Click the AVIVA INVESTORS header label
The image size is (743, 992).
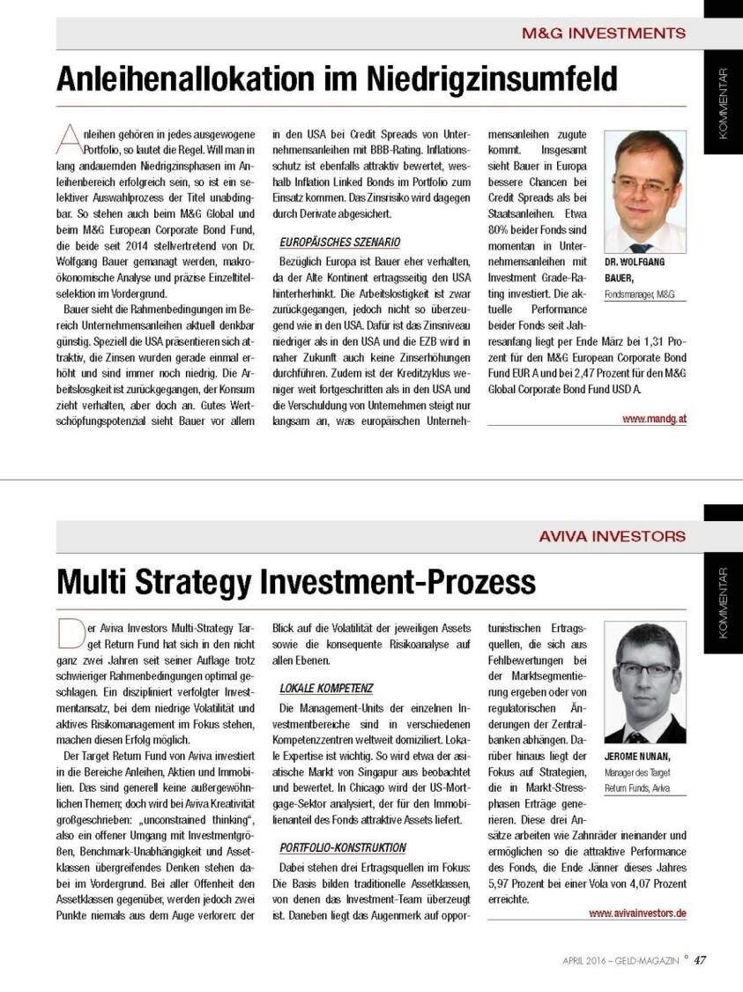612,535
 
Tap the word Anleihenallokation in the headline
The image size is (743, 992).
191,79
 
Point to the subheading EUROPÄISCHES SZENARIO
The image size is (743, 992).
340,242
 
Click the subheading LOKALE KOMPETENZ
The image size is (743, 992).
327,687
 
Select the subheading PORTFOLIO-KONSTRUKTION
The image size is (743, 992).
344,847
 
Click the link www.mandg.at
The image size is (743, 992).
654,420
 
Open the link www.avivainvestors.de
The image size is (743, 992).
637,914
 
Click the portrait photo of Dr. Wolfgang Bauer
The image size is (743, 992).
645,191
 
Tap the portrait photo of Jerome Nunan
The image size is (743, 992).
645,684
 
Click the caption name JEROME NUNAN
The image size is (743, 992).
637,757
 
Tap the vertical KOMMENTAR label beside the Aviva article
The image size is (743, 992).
723,603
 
